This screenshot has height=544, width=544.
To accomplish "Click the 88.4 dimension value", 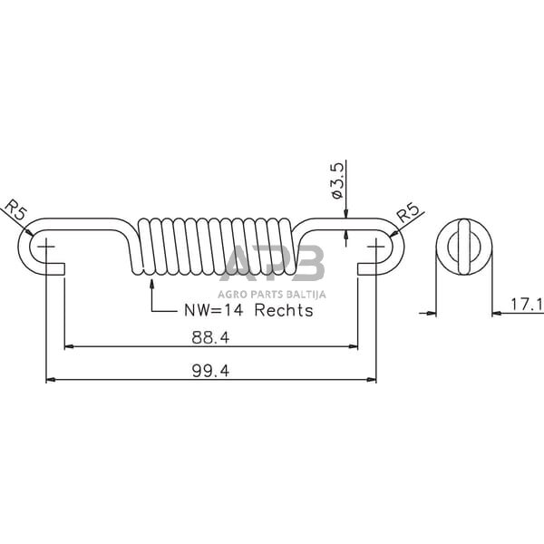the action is pyautogui.click(x=210, y=337).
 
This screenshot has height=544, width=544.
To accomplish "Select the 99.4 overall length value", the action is pyautogui.click(x=210, y=371).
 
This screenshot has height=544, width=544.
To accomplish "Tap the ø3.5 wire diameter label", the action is pyautogui.click(x=337, y=180).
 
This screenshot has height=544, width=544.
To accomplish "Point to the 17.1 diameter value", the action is pyautogui.click(x=527, y=305).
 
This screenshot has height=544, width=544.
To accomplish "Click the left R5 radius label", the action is pyautogui.click(x=15, y=210).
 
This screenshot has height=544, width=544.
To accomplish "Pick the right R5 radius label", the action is pyautogui.click(x=408, y=212).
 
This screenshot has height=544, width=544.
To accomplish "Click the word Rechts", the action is pyautogui.click(x=284, y=310).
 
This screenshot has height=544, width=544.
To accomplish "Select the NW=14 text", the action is pyautogui.click(x=213, y=310).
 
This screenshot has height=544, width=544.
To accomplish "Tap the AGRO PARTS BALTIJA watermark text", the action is pyautogui.click(x=272, y=295).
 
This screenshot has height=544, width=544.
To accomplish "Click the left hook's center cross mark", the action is pyautogui.click(x=46, y=247).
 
